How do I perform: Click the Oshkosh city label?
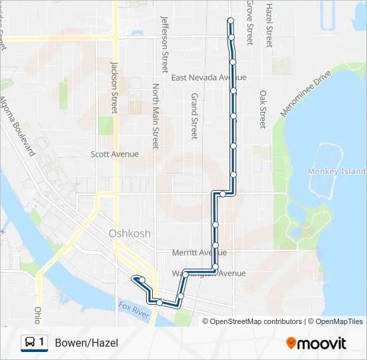(129, 233)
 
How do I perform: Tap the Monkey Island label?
(337, 171)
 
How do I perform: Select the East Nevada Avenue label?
(209, 77)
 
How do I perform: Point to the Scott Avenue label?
(115, 154)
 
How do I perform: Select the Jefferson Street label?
(164, 45)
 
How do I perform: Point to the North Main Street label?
(155, 115)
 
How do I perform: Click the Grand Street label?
(194, 115)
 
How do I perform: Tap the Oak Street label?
(264, 110)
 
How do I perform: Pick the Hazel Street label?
(269, 25)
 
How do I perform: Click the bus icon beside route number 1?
(31, 343)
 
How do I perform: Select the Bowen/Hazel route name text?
(86, 343)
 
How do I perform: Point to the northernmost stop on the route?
(231, 20)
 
